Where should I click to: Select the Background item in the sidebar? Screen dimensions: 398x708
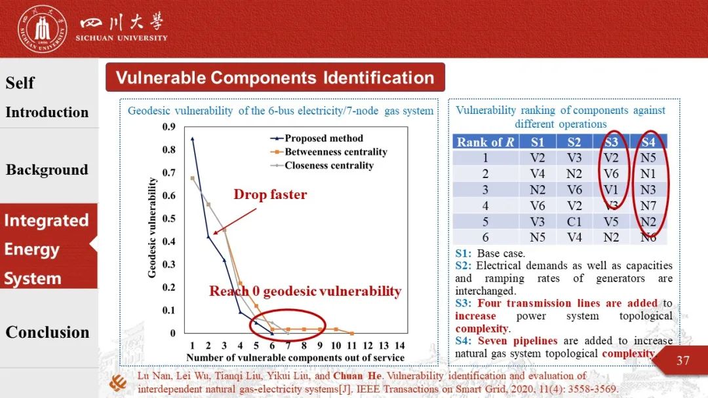pyautogui.click(x=47, y=170)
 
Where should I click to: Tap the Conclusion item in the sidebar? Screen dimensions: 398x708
pyautogui.click(x=47, y=332)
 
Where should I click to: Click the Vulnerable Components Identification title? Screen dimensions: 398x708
pyautogui.click(x=275, y=78)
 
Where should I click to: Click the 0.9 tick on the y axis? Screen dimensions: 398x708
pyautogui.click(x=169, y=127)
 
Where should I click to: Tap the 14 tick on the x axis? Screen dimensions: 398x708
pyautogui.click(x=400, y=346)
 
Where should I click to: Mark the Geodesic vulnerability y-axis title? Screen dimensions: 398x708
pyautogui.click(x=152, y=227)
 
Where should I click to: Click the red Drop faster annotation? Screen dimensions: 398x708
pyautogui.click(x=270, y=194)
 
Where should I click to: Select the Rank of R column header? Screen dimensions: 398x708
pyautogui.click(x=485, y=142)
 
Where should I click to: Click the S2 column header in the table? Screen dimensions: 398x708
pyautogui.click(x=574, y=142)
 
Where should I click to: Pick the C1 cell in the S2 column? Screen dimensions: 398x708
pyautogui.click(x=574, y=221)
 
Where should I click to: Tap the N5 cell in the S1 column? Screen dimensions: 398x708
pyautogui.click(x=538, y=237)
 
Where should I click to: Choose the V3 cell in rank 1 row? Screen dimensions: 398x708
pyautogui.click(x=574, y=158)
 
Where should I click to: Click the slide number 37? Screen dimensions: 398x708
pyautogui.click(x=683, y=360)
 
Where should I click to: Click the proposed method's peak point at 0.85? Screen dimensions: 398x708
pyautogui.click(x=192, y=138)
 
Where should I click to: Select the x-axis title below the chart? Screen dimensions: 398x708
pyautogui.click(x=295, y=357)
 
